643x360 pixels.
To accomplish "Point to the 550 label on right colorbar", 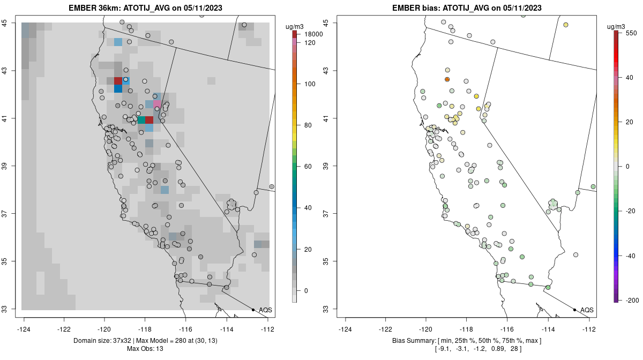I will point(631,33).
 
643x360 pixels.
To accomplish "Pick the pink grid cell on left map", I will point(157,103).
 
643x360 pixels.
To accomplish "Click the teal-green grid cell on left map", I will point(141,120).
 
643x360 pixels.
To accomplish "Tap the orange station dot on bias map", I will point(447,79).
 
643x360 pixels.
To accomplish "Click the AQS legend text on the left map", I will point(265,310).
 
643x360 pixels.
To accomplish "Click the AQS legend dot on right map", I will point(574,310).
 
